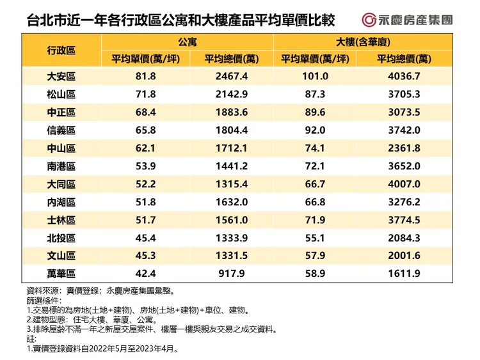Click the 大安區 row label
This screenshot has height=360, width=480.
tap(61, 77)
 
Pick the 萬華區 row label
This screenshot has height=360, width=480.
tap(61, 274)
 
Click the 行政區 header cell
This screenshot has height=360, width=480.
tap(61, 50)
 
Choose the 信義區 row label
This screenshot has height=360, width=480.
tap(61, 130)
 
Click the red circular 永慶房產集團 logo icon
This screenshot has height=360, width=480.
tap(369, 19)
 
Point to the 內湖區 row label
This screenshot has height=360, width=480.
tap(61, 202)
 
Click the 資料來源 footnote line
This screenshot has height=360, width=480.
tap(96, 290)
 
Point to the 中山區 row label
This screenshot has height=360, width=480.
tap(61, 148)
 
